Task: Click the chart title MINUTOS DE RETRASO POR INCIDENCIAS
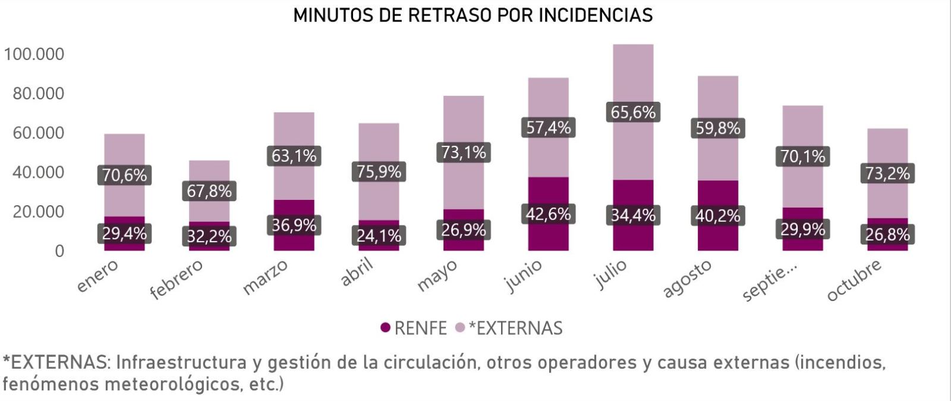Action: click(x=473, y=15)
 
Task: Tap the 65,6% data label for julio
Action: click(x=633, y=112)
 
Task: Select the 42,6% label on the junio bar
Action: click(x=548, y=214)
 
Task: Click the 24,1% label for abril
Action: click(x=379, y=236)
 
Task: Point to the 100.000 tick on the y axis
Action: click(x=34, y=54)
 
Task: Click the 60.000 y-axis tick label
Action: click(x=38, y=133)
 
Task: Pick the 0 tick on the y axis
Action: click(x=59, y=251)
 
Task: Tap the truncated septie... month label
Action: click(x=770, y=281)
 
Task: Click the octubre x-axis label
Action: click(x=854, y=280)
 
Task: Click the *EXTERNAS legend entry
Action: click(x=515, y=328)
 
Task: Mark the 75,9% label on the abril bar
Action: click(x=379, y=171)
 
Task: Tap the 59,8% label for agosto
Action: click(x=718, y=128)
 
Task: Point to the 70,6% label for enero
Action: click(x=124, y=175)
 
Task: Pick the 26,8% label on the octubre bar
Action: click(x=887, y=234)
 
